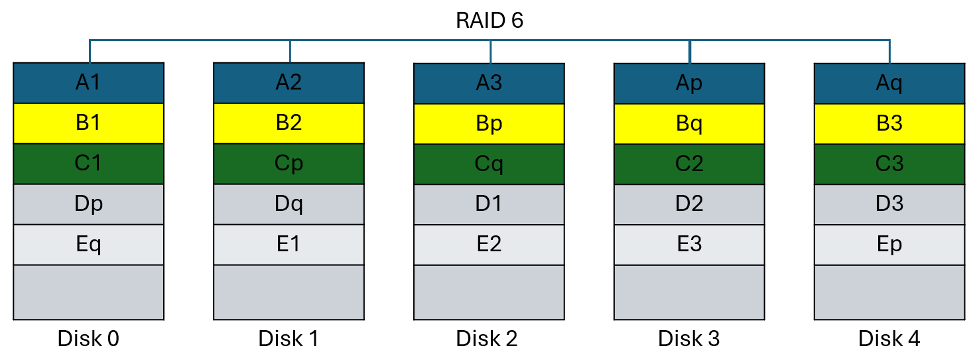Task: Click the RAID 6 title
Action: click(489, 21)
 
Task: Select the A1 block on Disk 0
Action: click(88, 83)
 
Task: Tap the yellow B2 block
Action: click(289, 123)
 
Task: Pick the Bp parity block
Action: click(489, 124)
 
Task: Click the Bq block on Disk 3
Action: click(689, 124)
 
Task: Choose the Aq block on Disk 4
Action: click(889, 84)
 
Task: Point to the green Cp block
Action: click(289, 164)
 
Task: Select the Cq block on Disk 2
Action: click(489, 164)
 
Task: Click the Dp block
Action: click(88, 204)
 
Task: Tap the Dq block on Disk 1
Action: click(289, 204)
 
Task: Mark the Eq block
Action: click(88, 245)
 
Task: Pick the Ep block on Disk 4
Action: click(889, 245)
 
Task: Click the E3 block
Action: click(689, 245)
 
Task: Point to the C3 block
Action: click(889, 164)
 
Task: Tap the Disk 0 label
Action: click(88, 339)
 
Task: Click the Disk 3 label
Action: click(689, 339)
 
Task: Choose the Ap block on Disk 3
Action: click(689, 84)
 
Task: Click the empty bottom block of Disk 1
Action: click(289, 292)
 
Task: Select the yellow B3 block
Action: click(889, 124)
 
